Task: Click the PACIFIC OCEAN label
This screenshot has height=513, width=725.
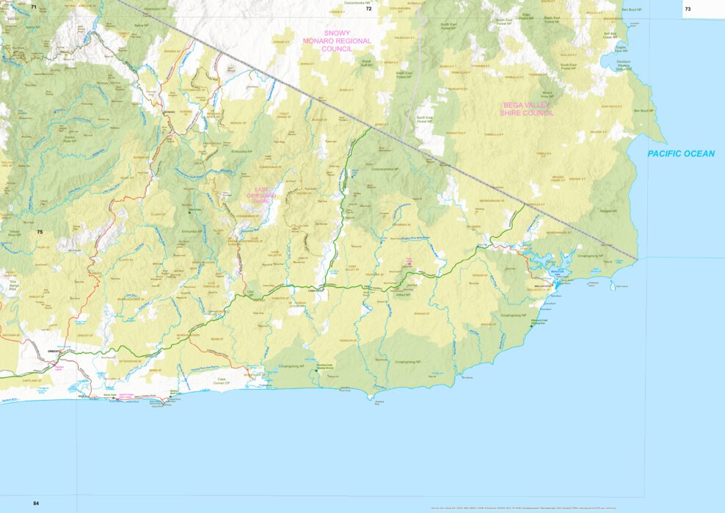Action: [680, 153]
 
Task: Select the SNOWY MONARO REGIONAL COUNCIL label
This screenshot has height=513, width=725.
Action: [337, 41]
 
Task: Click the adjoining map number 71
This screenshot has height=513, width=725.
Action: [33, 7]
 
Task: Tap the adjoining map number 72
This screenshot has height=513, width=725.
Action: [369, 9]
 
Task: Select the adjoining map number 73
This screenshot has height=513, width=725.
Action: [687, 10]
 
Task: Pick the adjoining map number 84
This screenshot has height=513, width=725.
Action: [36, 503]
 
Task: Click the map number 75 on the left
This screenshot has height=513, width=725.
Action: [40, 232]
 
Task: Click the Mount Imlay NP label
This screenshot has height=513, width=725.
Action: [547, 95]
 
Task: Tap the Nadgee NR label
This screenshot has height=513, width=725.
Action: [606, 211]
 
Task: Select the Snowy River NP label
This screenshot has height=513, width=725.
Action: [70, 139]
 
